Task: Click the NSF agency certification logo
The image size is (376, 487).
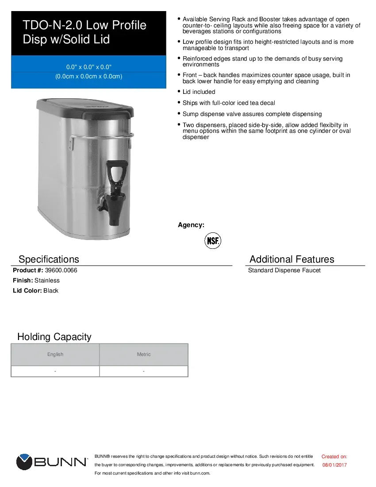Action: [212, 241]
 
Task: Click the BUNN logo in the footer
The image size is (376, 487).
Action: [52, 462]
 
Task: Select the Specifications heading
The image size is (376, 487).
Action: [49, 259]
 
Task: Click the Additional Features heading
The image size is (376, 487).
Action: [292, 259]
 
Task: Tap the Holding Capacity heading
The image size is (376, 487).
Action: [54, 336]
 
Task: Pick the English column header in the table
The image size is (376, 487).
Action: [55, 354]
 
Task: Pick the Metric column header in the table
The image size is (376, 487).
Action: [144, 354]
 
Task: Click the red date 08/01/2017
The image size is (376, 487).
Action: [334, 465]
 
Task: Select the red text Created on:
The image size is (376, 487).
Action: [334, 456]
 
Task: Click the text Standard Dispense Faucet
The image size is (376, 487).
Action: [284, 270]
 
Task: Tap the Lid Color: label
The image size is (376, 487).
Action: [27, 290]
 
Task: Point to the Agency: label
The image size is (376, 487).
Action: [191, 225]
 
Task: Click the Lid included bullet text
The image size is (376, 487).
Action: [199, 92]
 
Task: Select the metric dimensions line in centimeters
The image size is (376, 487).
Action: [88, 76]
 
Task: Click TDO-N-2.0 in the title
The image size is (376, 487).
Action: [53, 25]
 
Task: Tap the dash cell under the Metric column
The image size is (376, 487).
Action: [144, 371]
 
